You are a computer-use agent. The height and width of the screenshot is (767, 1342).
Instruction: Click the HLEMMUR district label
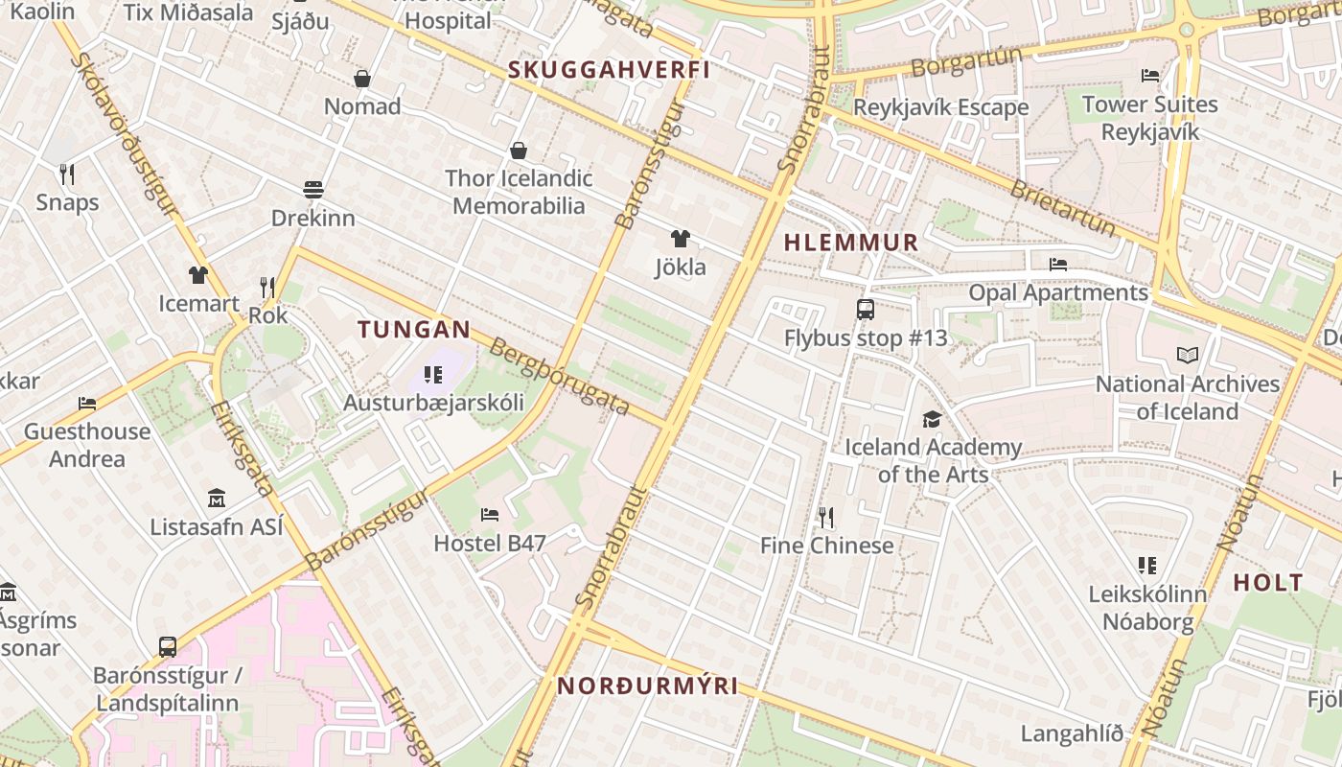851,243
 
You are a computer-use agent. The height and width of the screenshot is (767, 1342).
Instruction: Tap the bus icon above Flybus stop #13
865,309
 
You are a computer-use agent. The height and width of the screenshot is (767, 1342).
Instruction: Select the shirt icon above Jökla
680,239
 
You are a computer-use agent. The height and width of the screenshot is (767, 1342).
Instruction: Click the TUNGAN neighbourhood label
414,330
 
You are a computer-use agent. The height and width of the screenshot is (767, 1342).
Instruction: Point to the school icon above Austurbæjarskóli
433,374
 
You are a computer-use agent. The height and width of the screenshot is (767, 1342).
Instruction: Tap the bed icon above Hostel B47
490,515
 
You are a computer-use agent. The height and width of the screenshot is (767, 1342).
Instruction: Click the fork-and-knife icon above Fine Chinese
826,518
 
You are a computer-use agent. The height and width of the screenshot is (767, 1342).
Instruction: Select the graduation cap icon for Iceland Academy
932,419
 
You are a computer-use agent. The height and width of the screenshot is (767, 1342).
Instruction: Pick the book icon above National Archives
1188,355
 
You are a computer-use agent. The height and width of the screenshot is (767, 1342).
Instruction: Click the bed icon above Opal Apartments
1058,264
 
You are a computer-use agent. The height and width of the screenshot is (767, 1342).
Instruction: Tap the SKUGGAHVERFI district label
609,70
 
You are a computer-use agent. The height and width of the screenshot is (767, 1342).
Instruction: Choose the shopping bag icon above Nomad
362,78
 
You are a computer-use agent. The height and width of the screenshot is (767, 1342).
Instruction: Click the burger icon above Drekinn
313,189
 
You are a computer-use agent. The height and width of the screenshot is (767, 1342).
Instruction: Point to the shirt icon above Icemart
198,275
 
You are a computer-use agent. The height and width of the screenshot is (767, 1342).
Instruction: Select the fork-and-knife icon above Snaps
67,174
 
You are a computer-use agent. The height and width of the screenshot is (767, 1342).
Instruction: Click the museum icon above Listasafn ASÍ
217,499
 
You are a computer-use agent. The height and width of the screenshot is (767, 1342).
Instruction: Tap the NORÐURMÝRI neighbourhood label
648,686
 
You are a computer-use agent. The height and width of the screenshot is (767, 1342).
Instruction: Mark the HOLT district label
1268,582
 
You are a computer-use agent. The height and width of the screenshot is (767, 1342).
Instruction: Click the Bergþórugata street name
559,377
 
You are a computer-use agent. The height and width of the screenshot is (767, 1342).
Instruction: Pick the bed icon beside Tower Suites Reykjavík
1150,76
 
